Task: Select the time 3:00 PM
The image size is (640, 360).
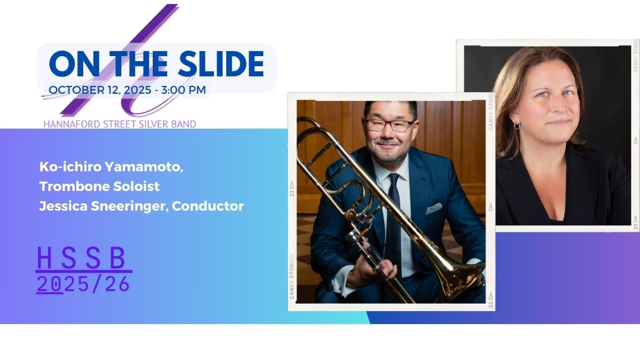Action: pos(183,90)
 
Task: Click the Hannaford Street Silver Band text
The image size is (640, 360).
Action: pos(120,124)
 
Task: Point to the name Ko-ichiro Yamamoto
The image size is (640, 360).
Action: pos(111,167)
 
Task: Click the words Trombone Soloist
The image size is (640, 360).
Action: pos(99,186)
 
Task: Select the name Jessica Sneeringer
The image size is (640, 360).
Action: pos(104,206)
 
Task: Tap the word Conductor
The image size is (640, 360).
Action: pos(208,206)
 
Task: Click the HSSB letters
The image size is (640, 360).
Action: pos(81,258)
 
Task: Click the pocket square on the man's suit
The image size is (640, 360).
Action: pos(434,208)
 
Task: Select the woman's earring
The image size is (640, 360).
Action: pos(516,126)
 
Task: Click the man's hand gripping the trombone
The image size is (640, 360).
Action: pos(378,270)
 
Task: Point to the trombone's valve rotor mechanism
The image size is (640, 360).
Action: pos(352,215)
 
